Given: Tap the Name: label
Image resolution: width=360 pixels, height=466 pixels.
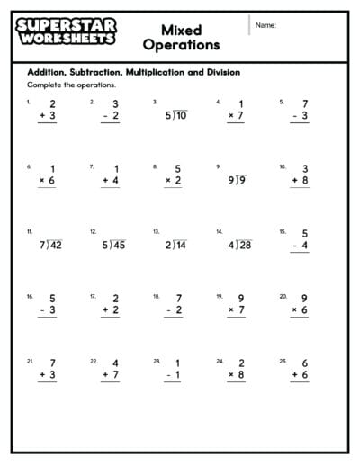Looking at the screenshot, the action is click(265, 25).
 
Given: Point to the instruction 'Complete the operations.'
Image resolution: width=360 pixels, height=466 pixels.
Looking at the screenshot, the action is click(59, 85).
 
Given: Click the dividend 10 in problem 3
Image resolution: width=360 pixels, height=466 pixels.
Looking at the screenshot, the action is click(180, 114).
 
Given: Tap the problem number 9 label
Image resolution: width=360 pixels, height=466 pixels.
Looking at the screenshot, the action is click(218, 166).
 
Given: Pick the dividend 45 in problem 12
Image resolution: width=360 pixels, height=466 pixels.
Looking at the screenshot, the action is click(117, 245).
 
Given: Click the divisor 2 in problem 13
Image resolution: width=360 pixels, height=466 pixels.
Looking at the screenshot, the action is click(168, 245).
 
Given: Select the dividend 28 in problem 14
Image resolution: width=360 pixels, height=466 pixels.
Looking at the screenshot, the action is click(244, 245).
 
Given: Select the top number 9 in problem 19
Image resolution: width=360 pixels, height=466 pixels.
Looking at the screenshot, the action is click(241, 298).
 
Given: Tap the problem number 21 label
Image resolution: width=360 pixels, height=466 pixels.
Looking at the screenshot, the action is click(30, 361).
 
